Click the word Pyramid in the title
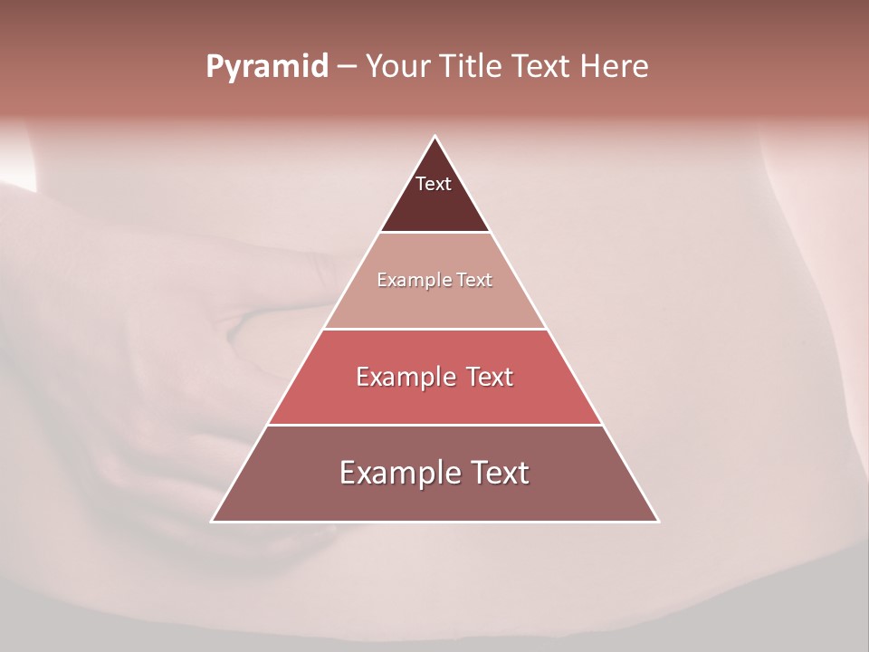tap(266, 67)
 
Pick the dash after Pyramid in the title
tap(346, 67)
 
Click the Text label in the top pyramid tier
tap(434, 184)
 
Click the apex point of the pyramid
tap(435, 137)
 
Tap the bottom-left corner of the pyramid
tap(212, 522)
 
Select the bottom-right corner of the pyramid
tap(658, 522)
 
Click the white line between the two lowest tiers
tap(435, 425)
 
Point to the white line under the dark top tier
tap(435, 233)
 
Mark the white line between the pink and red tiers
tap(435, 329)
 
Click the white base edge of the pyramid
tap(435, 522)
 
